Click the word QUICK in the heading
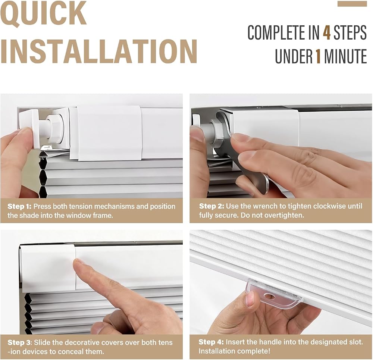pyautogui.click(x=43, y=13)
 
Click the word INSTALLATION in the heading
pyautogui.click(x=99, y=51)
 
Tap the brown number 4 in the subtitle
pyautogui.click(x=327, y=32)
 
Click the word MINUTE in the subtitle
pyautogui.click(x=345, y=56)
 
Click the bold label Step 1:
pyautogui.click(x=19, y=206)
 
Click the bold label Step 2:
pyautogui.click(x=211, y=206)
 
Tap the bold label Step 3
pyautogui.click(x=19, y=342)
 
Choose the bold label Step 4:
pyautogui.click(x=211, y=342)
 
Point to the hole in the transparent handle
pyautogui.click(x=270, y=297)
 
